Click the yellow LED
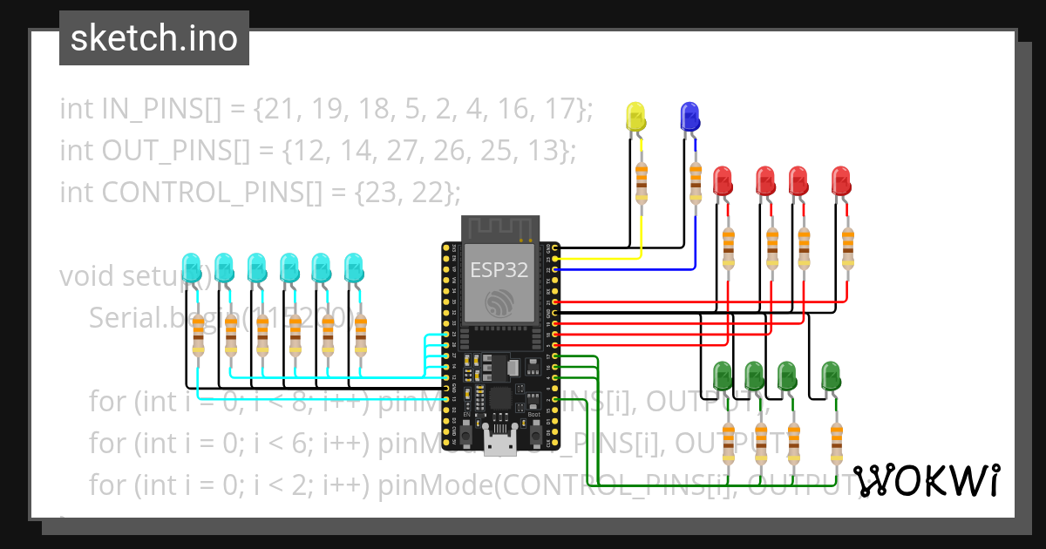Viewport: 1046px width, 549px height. tap(636, 118)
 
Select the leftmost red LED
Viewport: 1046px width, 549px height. tap(723, 181)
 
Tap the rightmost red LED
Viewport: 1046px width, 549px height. tap(840, 181)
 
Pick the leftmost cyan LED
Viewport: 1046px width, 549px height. tap(191, 268)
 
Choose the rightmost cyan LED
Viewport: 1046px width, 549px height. tap(353, 268)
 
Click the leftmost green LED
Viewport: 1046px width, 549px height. tap(723, 376)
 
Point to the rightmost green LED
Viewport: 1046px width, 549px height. tap(831, 376)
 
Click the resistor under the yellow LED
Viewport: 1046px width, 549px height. tap(642, 181)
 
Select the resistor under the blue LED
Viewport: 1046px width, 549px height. tap(695, 181)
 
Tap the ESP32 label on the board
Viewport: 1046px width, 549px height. tap(499, 269)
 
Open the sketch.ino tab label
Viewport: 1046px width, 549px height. tap(154, 38)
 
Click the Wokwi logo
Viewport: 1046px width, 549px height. tap(926, 481)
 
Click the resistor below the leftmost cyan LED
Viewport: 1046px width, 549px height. tap(198, 335)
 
